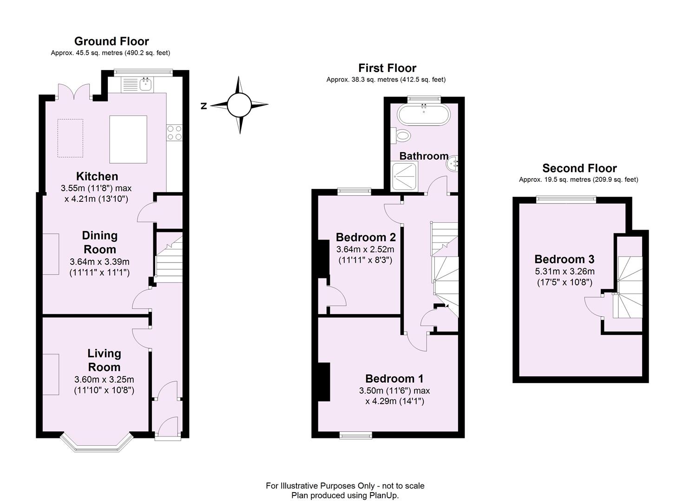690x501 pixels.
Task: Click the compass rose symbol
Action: click(239, 105)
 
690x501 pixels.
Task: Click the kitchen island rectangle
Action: click(128, 139)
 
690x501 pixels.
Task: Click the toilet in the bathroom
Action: click(402, 135)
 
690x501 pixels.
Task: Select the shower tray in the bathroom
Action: click(405, 176)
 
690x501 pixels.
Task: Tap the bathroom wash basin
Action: click(453, 163)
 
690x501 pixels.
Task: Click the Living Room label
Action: click(104, 360)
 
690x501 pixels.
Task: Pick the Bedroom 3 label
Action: click(564, 259)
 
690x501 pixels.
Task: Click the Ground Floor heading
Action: click(112, 41)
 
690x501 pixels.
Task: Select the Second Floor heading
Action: click(579, 168)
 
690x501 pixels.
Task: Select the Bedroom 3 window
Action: click(566, 199)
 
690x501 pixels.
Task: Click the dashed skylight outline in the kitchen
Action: click(70, 139)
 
